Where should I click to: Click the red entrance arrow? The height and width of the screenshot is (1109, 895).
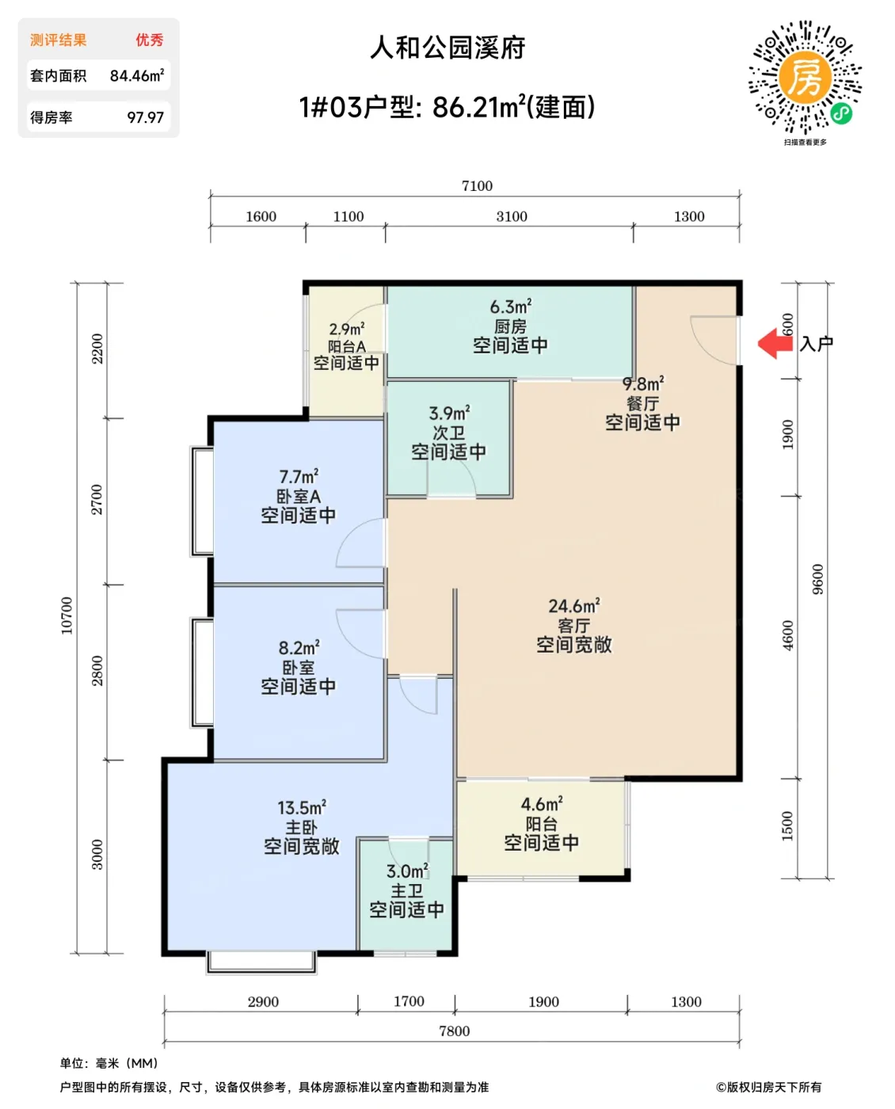[775, 344]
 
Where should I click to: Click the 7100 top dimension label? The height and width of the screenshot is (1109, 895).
[477, 186]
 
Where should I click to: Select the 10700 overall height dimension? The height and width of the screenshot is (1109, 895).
[67, 615]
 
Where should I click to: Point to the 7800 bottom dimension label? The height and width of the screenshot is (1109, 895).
[454, 1031]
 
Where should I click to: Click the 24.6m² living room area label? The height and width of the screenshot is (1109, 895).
[573, 606]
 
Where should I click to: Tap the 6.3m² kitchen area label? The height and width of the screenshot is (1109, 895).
[510, 307]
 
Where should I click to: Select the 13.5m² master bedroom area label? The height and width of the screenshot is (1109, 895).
[301, 808]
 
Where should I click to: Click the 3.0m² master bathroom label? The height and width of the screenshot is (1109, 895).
[406, 871]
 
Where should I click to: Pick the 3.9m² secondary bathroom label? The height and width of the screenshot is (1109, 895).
[448, 413]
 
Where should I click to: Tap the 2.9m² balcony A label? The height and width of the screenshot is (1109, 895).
[346, 329]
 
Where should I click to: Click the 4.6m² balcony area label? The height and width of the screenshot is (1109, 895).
[541, 805]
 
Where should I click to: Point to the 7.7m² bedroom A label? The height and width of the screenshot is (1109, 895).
[298, 477]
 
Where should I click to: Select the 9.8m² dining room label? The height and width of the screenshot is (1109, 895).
[642, 384]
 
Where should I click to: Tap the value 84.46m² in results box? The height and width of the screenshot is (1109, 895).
[136, 76]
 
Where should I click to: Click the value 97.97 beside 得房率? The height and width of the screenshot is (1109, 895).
[145, 117]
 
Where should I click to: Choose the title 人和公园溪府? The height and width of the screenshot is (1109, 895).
[447, 48]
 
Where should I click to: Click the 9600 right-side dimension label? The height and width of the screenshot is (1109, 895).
[817, 579]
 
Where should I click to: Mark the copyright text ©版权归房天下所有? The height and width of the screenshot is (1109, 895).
[768, 1087]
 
